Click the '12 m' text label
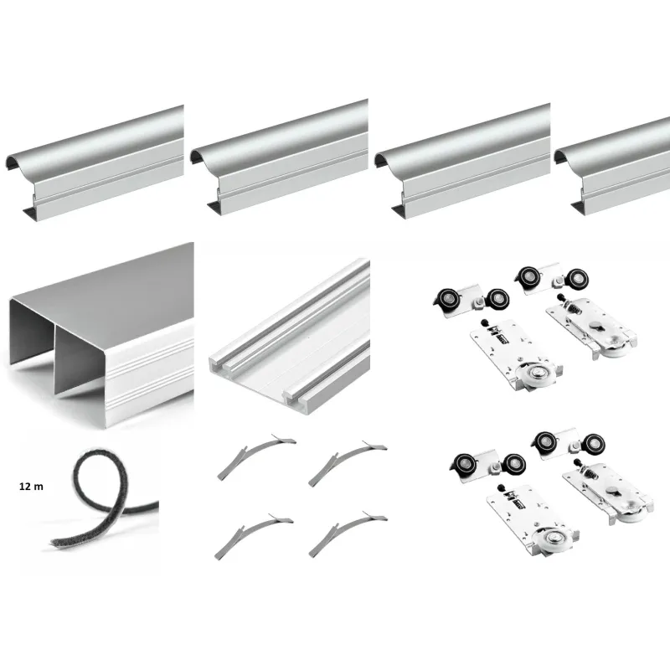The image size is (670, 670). (x=31, y=487)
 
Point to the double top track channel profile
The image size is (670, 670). (x=101, y=335)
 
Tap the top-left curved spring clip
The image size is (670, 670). (x=255, y=456)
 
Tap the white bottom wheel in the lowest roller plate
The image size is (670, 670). (x=549, y=539)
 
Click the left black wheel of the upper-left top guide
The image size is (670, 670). (x=449, y=300)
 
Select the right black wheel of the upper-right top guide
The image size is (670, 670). (x=577, y=279)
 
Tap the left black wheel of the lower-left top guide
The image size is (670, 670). (x=466, y=465)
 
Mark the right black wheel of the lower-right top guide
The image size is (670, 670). (x=594, y=444)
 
